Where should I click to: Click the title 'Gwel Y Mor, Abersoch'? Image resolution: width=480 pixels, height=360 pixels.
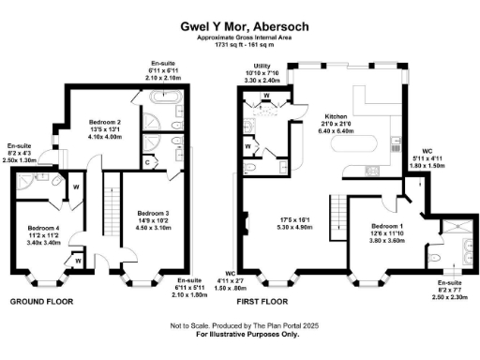(x=240, y=28)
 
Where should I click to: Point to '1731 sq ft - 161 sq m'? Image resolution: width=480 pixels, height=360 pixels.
(x=240, y=45)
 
